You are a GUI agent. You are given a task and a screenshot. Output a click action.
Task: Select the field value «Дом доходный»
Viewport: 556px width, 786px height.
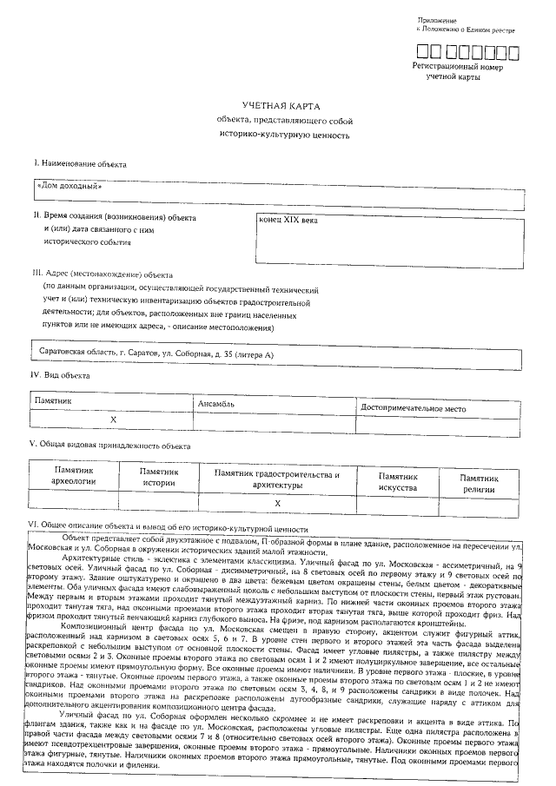pyautogui.click(x=70, y=185)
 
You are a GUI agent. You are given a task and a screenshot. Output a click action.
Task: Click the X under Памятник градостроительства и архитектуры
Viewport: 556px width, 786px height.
pyautogui.click(x=277, y=503)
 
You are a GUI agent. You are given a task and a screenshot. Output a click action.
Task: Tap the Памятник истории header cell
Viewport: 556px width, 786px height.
pyautogui.click(x=159, y=477)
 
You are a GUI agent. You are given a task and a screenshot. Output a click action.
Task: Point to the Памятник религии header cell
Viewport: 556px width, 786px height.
pyautogui.click(x=479, y=482)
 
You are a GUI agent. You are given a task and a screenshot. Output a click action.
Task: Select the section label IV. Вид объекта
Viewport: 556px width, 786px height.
pyautogui.click(x=61, y=375)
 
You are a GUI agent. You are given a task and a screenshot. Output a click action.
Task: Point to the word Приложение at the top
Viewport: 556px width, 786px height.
pyautogui.click(x=437, y=19)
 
